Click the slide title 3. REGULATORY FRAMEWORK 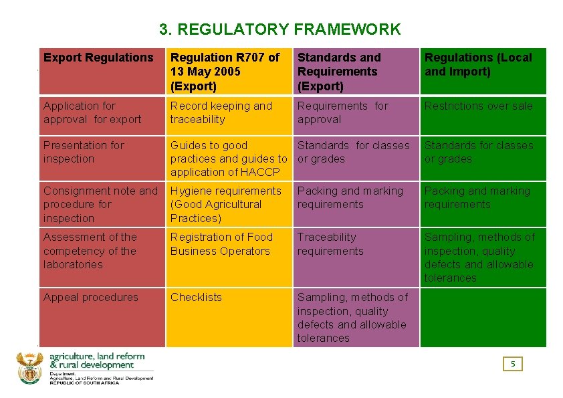click(x=280, y=29)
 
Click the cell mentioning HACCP click(x=227, y=159)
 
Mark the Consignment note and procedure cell click(x=100, y=204)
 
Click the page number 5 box click(x=513, y=364)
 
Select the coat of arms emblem click(x=29, y=368)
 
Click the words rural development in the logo click(x=96, y=365)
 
